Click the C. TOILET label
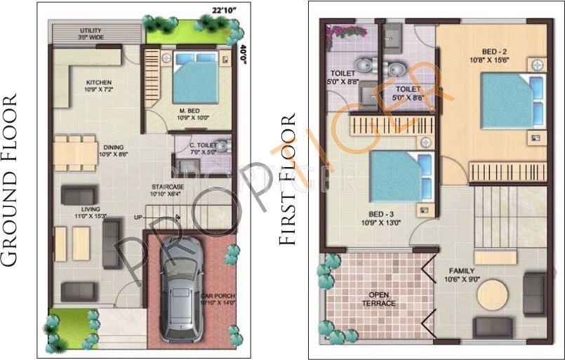[x=203, y=147]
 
